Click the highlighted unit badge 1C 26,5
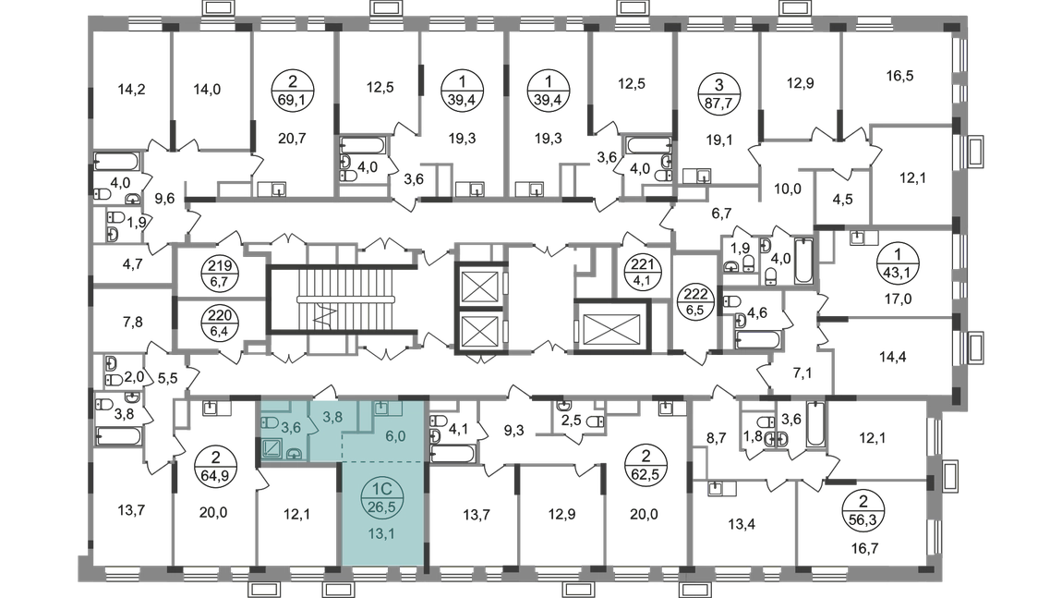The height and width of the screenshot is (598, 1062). point(382,497)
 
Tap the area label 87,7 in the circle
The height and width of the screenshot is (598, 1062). point(719,103)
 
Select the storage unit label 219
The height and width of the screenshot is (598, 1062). point(220,266)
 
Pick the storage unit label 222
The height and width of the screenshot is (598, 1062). point(695,295)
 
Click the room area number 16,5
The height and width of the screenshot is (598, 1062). point(899,76)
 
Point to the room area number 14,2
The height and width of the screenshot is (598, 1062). point(131,90)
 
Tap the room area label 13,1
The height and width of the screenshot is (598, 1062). point(381,533)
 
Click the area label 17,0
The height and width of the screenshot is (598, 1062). point(899,298)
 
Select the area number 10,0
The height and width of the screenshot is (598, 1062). point(787,189)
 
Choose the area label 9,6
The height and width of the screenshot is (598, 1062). point(164,199)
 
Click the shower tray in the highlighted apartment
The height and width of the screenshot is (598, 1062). point(272,449)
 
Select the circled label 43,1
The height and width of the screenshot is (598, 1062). point(899,271)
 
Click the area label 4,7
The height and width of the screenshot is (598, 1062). point(132,263)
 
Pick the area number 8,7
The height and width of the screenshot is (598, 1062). point(716,438)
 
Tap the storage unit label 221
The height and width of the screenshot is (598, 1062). point(642,264)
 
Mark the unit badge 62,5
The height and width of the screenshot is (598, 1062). point(646,474)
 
